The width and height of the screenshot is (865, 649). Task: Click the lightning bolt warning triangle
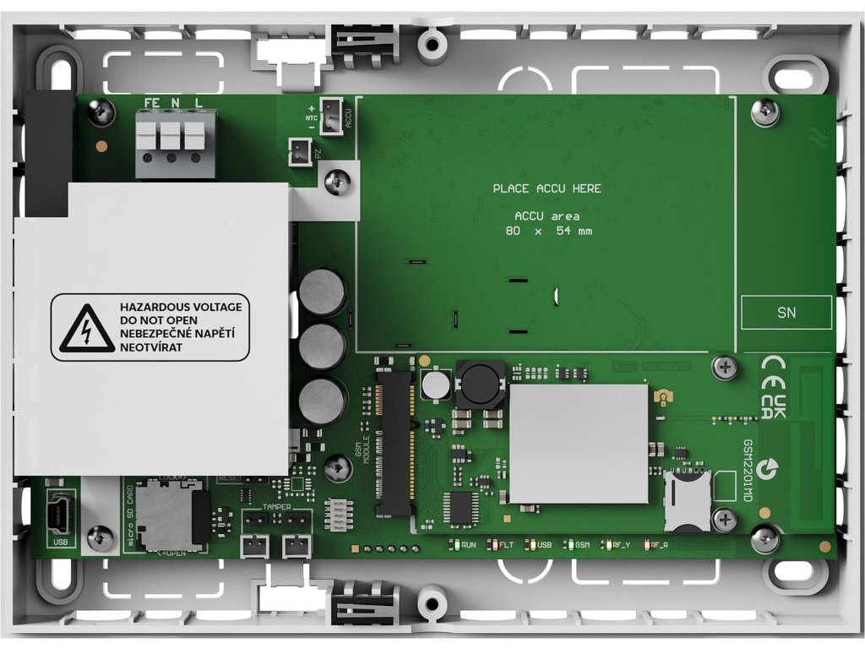click(85, 329)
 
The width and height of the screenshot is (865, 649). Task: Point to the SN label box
click(786, 313)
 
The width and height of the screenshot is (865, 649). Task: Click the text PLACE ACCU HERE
click(547, 188)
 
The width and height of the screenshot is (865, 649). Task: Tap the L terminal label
click(199, 102)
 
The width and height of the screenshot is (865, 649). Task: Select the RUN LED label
click(468, 546)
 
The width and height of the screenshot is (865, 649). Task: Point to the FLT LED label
click(506, 546)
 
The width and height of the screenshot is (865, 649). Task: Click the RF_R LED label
click(660, 546)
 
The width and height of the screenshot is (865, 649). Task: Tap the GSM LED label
click(582, 546)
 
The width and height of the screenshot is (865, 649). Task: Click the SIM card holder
click(686, 499)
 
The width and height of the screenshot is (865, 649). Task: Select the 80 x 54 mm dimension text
click(548, 231)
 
